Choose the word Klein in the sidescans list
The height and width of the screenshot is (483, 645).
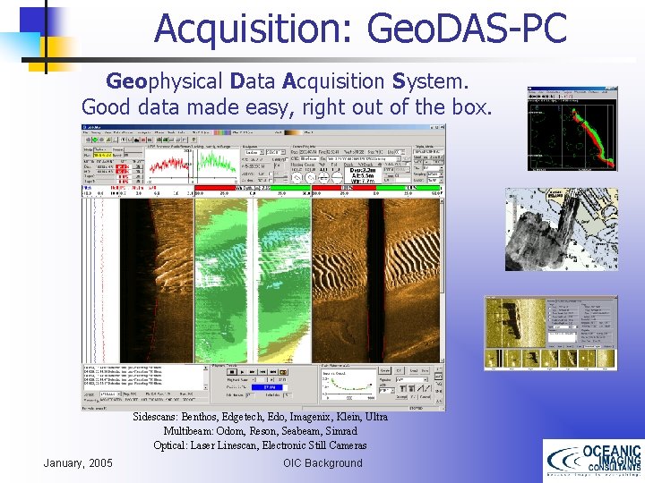tap(347, 418)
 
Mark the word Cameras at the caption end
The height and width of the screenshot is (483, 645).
tap(344, 445)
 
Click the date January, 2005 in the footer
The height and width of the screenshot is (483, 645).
tap(78, 462)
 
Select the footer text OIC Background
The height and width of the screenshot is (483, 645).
tap(322, 462)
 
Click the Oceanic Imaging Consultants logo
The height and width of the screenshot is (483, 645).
tap(592, 461)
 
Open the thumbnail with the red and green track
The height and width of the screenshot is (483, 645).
tap(572, 129)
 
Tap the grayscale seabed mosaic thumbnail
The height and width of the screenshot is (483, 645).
tap(562, 229)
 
